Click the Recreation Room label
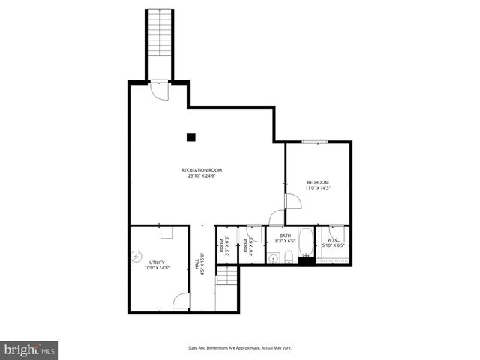pyautogui.click(x=202, y=170)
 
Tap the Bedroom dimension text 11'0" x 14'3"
pyautogui.click(x=318, y=188)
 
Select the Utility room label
pyautogui.click(x=157, y=262)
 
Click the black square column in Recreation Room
pyautogui.click(x=191, y=137)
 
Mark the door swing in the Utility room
pyautogui.click(x=181, y=301)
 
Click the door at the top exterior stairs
pyautogui.click(x=159, y=89)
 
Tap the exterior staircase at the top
pyautogui.click(x=158, y=41)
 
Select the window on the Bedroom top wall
pyautogui.click(x=315, y=140)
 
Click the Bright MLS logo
pyautogui.click(x=29, y=350)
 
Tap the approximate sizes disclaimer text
pyautogui.click(x=239, y=348)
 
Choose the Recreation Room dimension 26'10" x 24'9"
pyautogui.click(x=202, y=176)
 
